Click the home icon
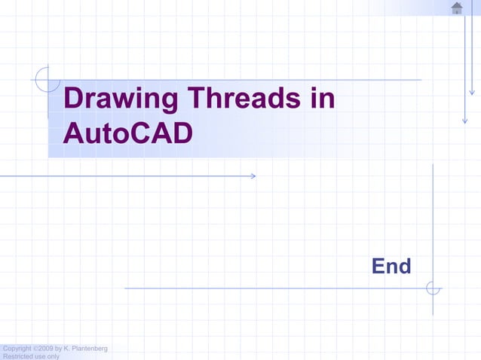click(x=456, y=8)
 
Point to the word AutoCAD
click(x=128, y=134)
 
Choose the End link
click(x=391, y=266)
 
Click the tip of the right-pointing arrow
click(x=256, y=176)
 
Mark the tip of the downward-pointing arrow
click(x=465, y=122)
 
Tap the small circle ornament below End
click(x=433, y=288)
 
